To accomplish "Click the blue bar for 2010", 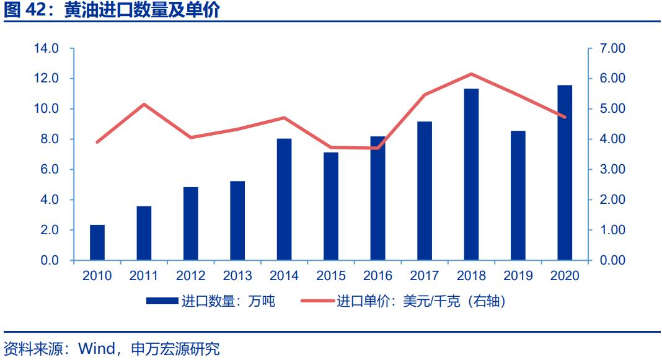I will [97, 242].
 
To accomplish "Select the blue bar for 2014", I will [285, 199].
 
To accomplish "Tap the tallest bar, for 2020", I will [565, 172].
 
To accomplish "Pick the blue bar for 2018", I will [471, 174].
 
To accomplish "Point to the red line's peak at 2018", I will [472, 74].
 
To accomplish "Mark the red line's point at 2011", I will [144, 104].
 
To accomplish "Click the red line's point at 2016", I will [378, 148].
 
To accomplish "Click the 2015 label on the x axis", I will [331, 276].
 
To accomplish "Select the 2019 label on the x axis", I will [518, 276].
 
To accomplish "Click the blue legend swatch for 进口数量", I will [162, 302].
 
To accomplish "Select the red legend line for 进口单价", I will [317, 302].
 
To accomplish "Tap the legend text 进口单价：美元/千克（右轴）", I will [421, 302].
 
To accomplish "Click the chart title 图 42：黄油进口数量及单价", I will [112, 11].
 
